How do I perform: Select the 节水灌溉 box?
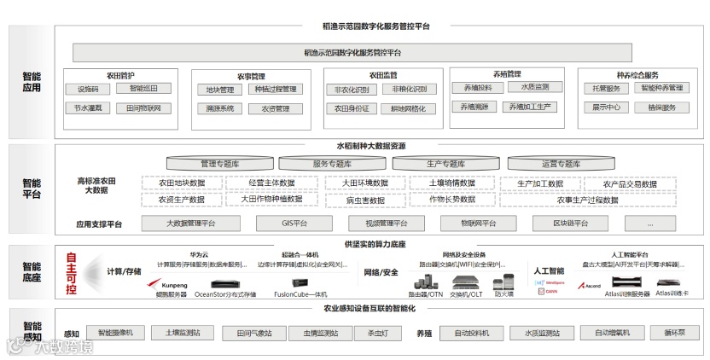(88, 108)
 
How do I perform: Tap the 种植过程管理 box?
(275, 90)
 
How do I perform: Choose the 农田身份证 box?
(352, 108)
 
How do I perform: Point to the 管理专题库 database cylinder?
(220, 163)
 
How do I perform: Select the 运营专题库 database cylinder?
(561, 163)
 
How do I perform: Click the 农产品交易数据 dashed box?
(630, 183)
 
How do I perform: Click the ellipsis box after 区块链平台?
(650, 224)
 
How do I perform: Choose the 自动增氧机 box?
(612, 332)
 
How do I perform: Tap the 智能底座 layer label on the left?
(32, 272)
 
